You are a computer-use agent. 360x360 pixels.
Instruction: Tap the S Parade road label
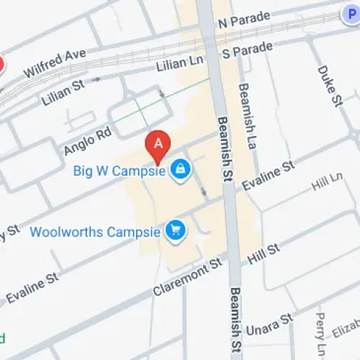coord(247,50)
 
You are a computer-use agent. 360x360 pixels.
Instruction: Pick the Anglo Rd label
coord(88,140)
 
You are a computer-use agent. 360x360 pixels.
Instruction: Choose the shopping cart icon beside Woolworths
coord(175,231)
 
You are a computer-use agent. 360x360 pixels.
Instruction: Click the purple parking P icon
coord(348,12)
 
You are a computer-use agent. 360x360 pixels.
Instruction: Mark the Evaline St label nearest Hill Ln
coord(268,175)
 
